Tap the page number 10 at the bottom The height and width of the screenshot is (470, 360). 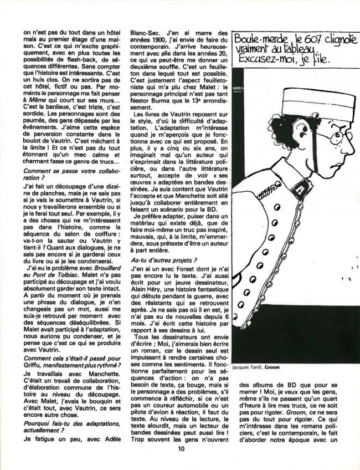click(x=181, y=449)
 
